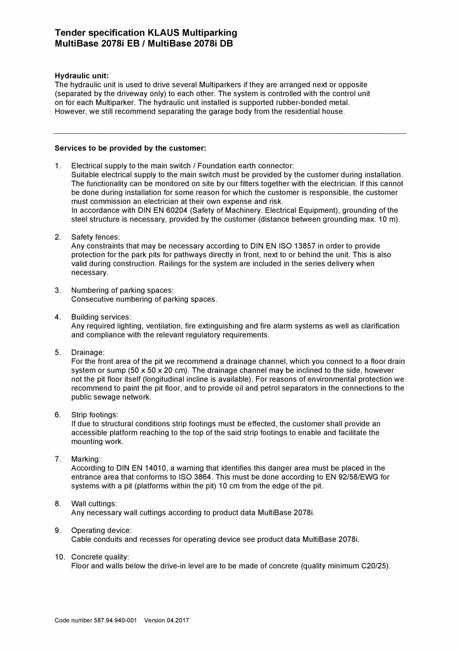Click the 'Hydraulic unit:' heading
pyautogui.click(x=81, y=76)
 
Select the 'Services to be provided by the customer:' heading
pyautogui.click(x=130, y=148)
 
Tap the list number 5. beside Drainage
pyautogui.click(x=58, y=352)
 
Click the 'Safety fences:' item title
pyautogui.click(x=95, y=237)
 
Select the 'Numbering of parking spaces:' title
pyautogui.click(x=122, y=290)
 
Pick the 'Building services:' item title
pyautogui.click(x=101, y=317)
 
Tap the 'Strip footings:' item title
pyautogui.click(x=94, y=414)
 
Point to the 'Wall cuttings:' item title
pyautogui.click(x=94, y=503)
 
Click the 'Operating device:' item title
pyautogui.click(x=101, y=530)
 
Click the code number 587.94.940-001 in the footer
pyautogui.click(x=115, y=620)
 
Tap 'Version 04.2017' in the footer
pyautogui.click(x=166, y=620)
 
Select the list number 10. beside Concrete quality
pyautogui.click(x=59, y=557)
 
